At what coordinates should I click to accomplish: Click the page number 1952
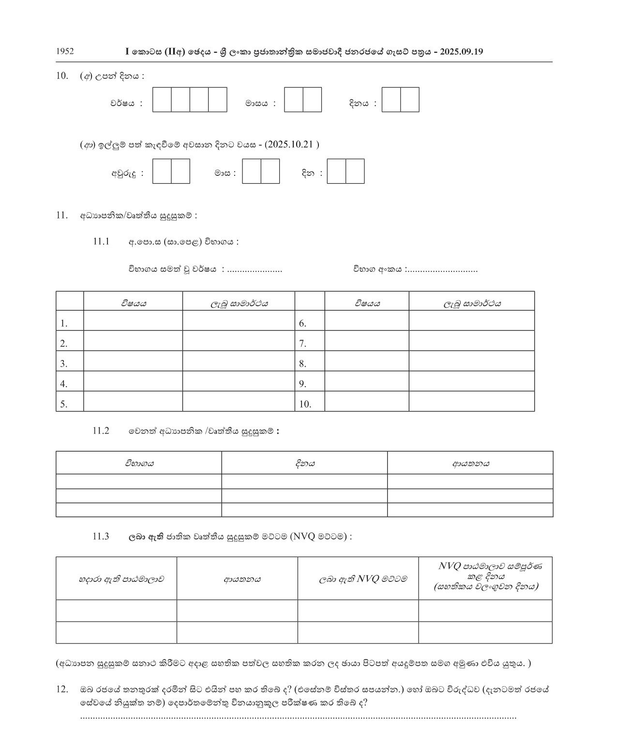(x=65, y=51)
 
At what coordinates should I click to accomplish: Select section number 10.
(x=62, y=76)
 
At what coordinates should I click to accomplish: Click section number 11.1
(x=102, y=241)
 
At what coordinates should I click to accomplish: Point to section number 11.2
(x=101, y=431)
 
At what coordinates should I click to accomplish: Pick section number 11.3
(x=101, y=536)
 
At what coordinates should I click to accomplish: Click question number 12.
(x=62, y=689)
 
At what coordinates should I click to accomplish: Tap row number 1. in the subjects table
(x=64, y=324)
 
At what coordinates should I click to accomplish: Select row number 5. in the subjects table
(x=64, y=404)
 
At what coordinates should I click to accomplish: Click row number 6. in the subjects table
(x=302, y=324)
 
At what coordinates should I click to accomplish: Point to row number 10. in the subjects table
(x=305, y=404)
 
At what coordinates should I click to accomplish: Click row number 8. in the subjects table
(x=302, y=364)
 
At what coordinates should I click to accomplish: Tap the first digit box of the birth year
(x=162, y=100)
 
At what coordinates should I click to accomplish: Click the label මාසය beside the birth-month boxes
(x=256, y=103)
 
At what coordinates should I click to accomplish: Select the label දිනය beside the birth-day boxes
(x=359, y=103)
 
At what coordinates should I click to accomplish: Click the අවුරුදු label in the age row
(x=124, y=173)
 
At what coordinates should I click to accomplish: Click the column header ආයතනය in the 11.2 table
(x=470, y=463)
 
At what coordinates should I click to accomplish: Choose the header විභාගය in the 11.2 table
(x=139, y=463)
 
